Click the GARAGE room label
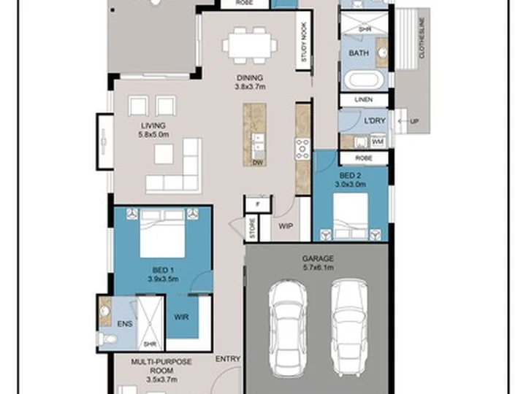[x=318, y=258]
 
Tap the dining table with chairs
[x=250, y=45]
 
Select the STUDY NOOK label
[x=304, y=42]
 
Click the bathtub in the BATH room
[x=365, y=80]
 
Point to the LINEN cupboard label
[x=364, y=99]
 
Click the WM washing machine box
[x=378, y=142]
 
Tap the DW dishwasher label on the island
[x=257, y=163]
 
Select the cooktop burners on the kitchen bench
[x=302, y=148]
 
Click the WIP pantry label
[x=286, y=226]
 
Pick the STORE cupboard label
[x=252, y=228]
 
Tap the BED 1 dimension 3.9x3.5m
[x=163, y=279]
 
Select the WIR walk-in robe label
[x=181, y=317]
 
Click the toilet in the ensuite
[x=107, y=339]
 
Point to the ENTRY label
[x=228, y=359]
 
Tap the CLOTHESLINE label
[x=422, y=38]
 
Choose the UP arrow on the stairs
[x=404, y=121]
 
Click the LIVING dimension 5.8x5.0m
[x=153, y=135]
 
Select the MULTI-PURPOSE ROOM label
[x=161, y=366]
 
